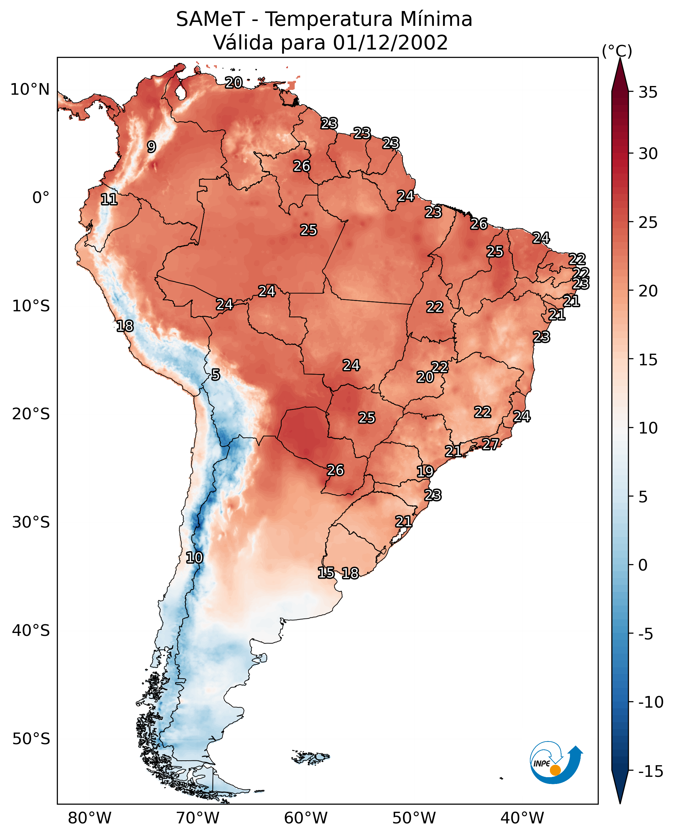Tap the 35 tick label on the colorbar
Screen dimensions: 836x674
click(x=648, y=92)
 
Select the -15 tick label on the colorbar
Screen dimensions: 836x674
click(x=650, y=771)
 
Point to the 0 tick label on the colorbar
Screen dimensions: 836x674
click(x=643, y=565)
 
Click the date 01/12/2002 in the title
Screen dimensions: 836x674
click(x=390, y=42)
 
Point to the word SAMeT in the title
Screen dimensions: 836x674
click(x=210, y=19)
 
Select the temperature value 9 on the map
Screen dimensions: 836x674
click(x=152, y=147)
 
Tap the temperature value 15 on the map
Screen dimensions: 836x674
click(x=326, y=573)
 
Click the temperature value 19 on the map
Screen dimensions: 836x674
click(x=425, y=472)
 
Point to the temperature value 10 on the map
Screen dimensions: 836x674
click(x=194, y=558)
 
